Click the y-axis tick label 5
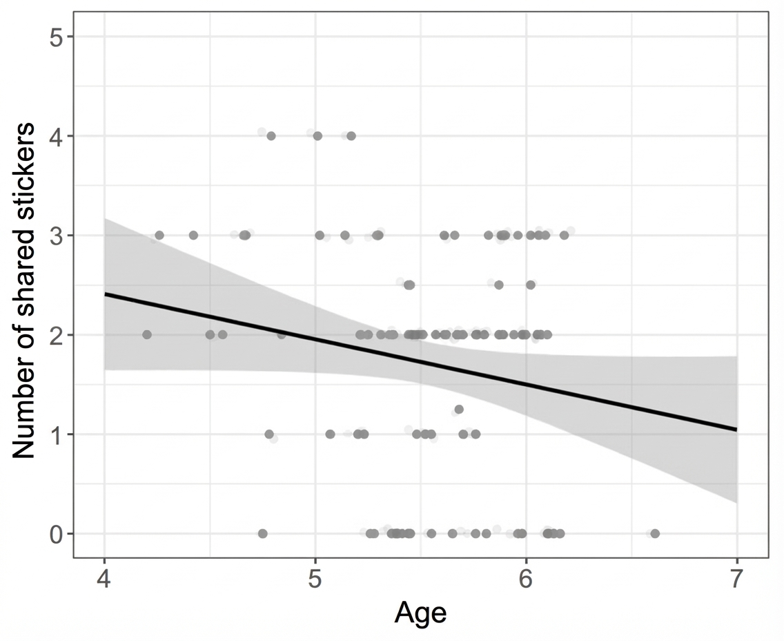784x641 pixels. (x=56, y=37)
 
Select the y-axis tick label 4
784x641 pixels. (x=56, y=136)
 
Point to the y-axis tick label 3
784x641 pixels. (x=56, y=235)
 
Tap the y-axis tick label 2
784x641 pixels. (x=56, y=334)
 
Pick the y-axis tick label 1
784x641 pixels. (x=56, y=434)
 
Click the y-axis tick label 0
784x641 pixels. (x=56, y=533)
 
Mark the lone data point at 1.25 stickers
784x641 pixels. (x=459, y=410)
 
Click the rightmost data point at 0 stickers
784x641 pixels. (x=655, y=533)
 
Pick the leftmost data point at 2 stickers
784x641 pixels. (x=147, y=334)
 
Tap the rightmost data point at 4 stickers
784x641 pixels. (x=351, y=136)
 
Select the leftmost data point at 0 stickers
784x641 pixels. (x=262, y=533)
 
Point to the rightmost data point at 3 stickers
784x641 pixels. (x=564, y=235)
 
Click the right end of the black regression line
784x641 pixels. (x=737, y=430)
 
